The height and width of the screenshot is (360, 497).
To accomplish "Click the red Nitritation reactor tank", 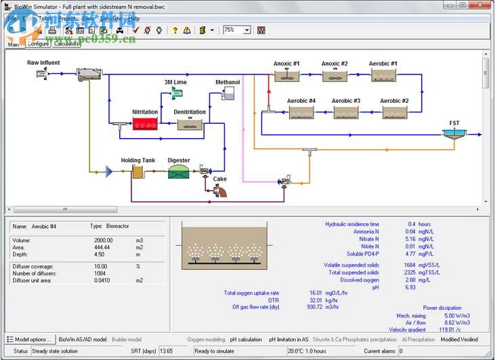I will [x=144, y=124].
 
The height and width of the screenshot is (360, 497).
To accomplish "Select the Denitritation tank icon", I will [x=190, y=124].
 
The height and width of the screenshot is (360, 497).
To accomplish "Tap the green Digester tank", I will [x=179, y=171].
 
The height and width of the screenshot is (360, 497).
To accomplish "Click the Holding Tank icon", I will [x=137, y=172].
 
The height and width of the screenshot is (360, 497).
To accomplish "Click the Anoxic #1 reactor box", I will [x=287, y=76].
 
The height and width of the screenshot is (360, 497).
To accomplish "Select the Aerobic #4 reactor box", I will [x=301, y=112].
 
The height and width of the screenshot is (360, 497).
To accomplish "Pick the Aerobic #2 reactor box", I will [x=394, y=112].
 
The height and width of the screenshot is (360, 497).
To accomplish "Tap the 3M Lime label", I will [x=175, y=82].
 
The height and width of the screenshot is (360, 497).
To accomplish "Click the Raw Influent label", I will [x=43, y=63].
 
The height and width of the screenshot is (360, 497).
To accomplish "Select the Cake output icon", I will [x=219, y=191].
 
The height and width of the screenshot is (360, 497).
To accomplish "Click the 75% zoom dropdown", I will [x=237, y=30].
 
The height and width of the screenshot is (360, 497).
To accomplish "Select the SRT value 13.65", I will [x=167, y=351].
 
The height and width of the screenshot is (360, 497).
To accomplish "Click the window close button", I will [x=481, y=5].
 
